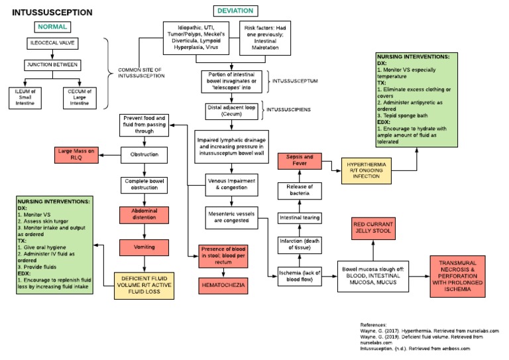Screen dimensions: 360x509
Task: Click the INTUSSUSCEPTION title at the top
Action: click(x=52, y=13)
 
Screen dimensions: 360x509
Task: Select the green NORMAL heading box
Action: click(x=52, y=27)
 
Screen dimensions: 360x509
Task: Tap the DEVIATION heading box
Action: click(x=236, y=11)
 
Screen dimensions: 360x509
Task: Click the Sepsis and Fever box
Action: click(x=300, y=160)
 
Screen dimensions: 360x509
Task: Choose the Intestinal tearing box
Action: click(x=300, y=217)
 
